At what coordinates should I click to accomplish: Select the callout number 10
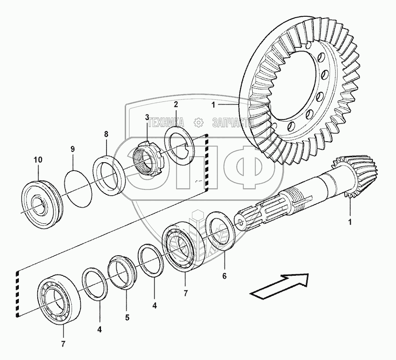pos(38,160)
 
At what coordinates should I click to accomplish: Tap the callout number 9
pos(72,149)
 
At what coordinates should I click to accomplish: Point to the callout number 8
pos(106,134)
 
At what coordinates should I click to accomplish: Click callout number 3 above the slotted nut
pos(147,117)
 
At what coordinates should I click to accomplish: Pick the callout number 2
pos(176,104)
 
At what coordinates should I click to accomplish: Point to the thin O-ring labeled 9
pos(78,187)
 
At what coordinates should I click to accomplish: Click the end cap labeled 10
pos(42,204)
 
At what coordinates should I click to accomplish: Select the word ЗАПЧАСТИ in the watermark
pos(231,122)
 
